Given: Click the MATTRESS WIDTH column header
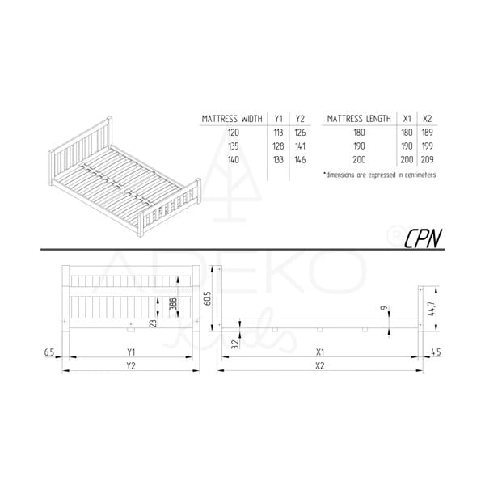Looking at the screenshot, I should [232, 120].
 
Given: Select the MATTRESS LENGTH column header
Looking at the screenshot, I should [359, 120].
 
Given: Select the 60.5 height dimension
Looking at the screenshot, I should [207, 299].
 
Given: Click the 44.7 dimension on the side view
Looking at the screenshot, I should [435, 306].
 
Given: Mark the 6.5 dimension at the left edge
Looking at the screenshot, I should [51, 351].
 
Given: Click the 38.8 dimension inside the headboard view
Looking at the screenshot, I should [172, 305].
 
